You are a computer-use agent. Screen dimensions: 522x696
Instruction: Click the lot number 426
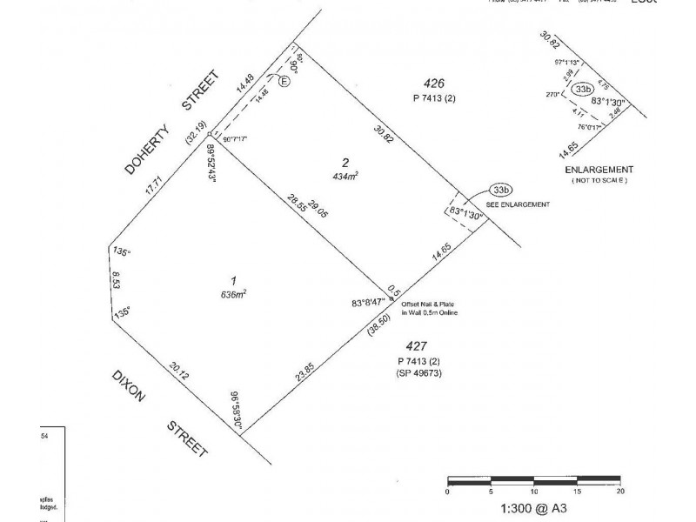[x=434, y=84]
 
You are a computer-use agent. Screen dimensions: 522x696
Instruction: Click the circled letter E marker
[x=284, y=81]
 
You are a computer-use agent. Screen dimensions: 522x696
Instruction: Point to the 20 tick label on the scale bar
[x=619, y=492]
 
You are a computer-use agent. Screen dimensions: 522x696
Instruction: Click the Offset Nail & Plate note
[x=430, y=307]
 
